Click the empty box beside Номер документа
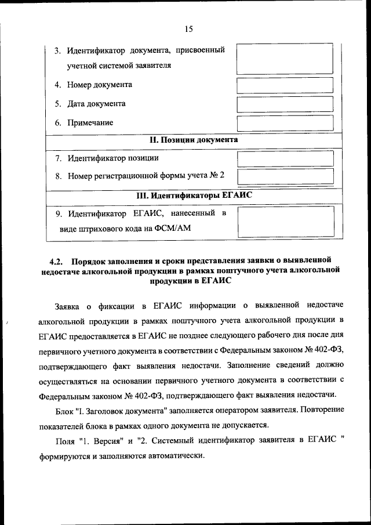pyautogui.click(x=285, y=85)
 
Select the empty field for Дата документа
pyautogui.click(x=285, y=104)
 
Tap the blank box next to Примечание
pyautogui.click(x=285, y=123)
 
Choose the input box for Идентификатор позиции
pyautogui.click(x=285, y=158)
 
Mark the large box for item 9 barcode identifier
pyautogui.click(x=285, y=221)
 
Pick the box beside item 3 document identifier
pyautogui.click(x=285, y=57)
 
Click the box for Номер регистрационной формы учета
pyautogui.click(x=285, y=176)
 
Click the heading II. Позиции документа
pyautogui.click(x=194, y=140)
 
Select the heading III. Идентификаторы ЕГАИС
pyautogui.click(x=194, y=195)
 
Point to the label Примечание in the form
pyautogui.click(x=90, y=123)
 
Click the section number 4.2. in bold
pyautogui.click(x=56, y=259)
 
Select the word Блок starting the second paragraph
pyautogui.click(x=64, y=410)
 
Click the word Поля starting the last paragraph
pyautogui.click(x=65, y=441)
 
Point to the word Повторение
pyautogui.click(x=321, y=410)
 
